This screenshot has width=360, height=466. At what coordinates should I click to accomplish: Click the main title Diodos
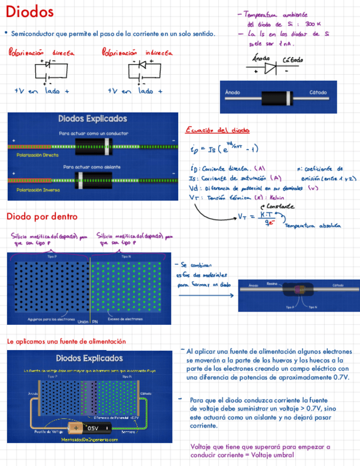point(31,12)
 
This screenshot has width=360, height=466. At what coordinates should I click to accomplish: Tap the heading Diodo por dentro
point(42,217)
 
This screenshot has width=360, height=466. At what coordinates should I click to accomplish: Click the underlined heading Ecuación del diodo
point(218,130)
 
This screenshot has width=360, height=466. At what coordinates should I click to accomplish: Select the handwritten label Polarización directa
point(41,53)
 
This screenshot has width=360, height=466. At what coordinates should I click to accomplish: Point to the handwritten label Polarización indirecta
point(137,53)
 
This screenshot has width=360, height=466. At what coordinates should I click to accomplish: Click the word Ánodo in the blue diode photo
point(232,92)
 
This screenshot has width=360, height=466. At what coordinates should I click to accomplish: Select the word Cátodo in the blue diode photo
point(318,92)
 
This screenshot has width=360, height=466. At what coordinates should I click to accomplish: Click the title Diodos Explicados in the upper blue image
point(92,119)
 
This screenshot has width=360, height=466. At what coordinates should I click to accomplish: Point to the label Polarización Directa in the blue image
point(37,156)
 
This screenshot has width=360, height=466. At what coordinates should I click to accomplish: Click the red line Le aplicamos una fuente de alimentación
point(66,341)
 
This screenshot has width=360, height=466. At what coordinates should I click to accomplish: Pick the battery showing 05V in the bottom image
point(88,427)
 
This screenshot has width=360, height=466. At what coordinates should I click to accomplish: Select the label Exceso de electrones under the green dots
point(125,319)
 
